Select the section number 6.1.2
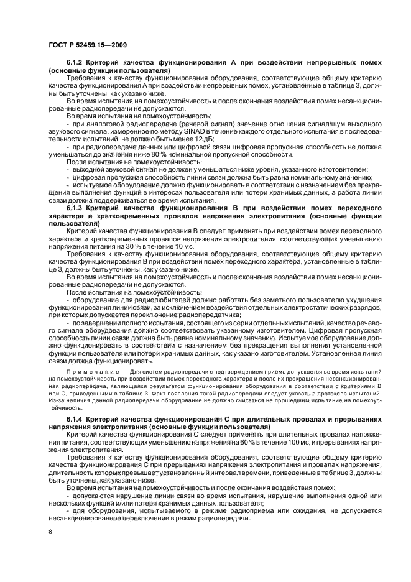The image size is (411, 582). pos(76,65)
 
